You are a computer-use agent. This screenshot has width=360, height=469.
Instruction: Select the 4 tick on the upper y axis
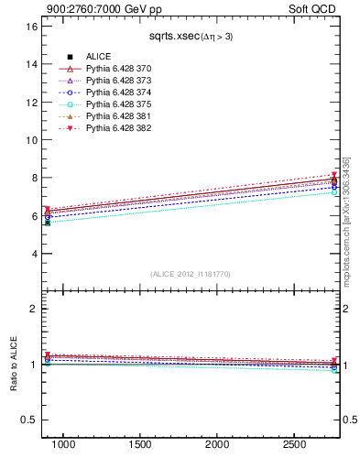34,254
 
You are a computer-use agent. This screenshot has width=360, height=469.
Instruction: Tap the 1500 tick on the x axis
140,444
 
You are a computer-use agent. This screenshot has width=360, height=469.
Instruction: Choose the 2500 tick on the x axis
295,444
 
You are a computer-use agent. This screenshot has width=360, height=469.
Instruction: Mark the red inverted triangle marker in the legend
71,128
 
